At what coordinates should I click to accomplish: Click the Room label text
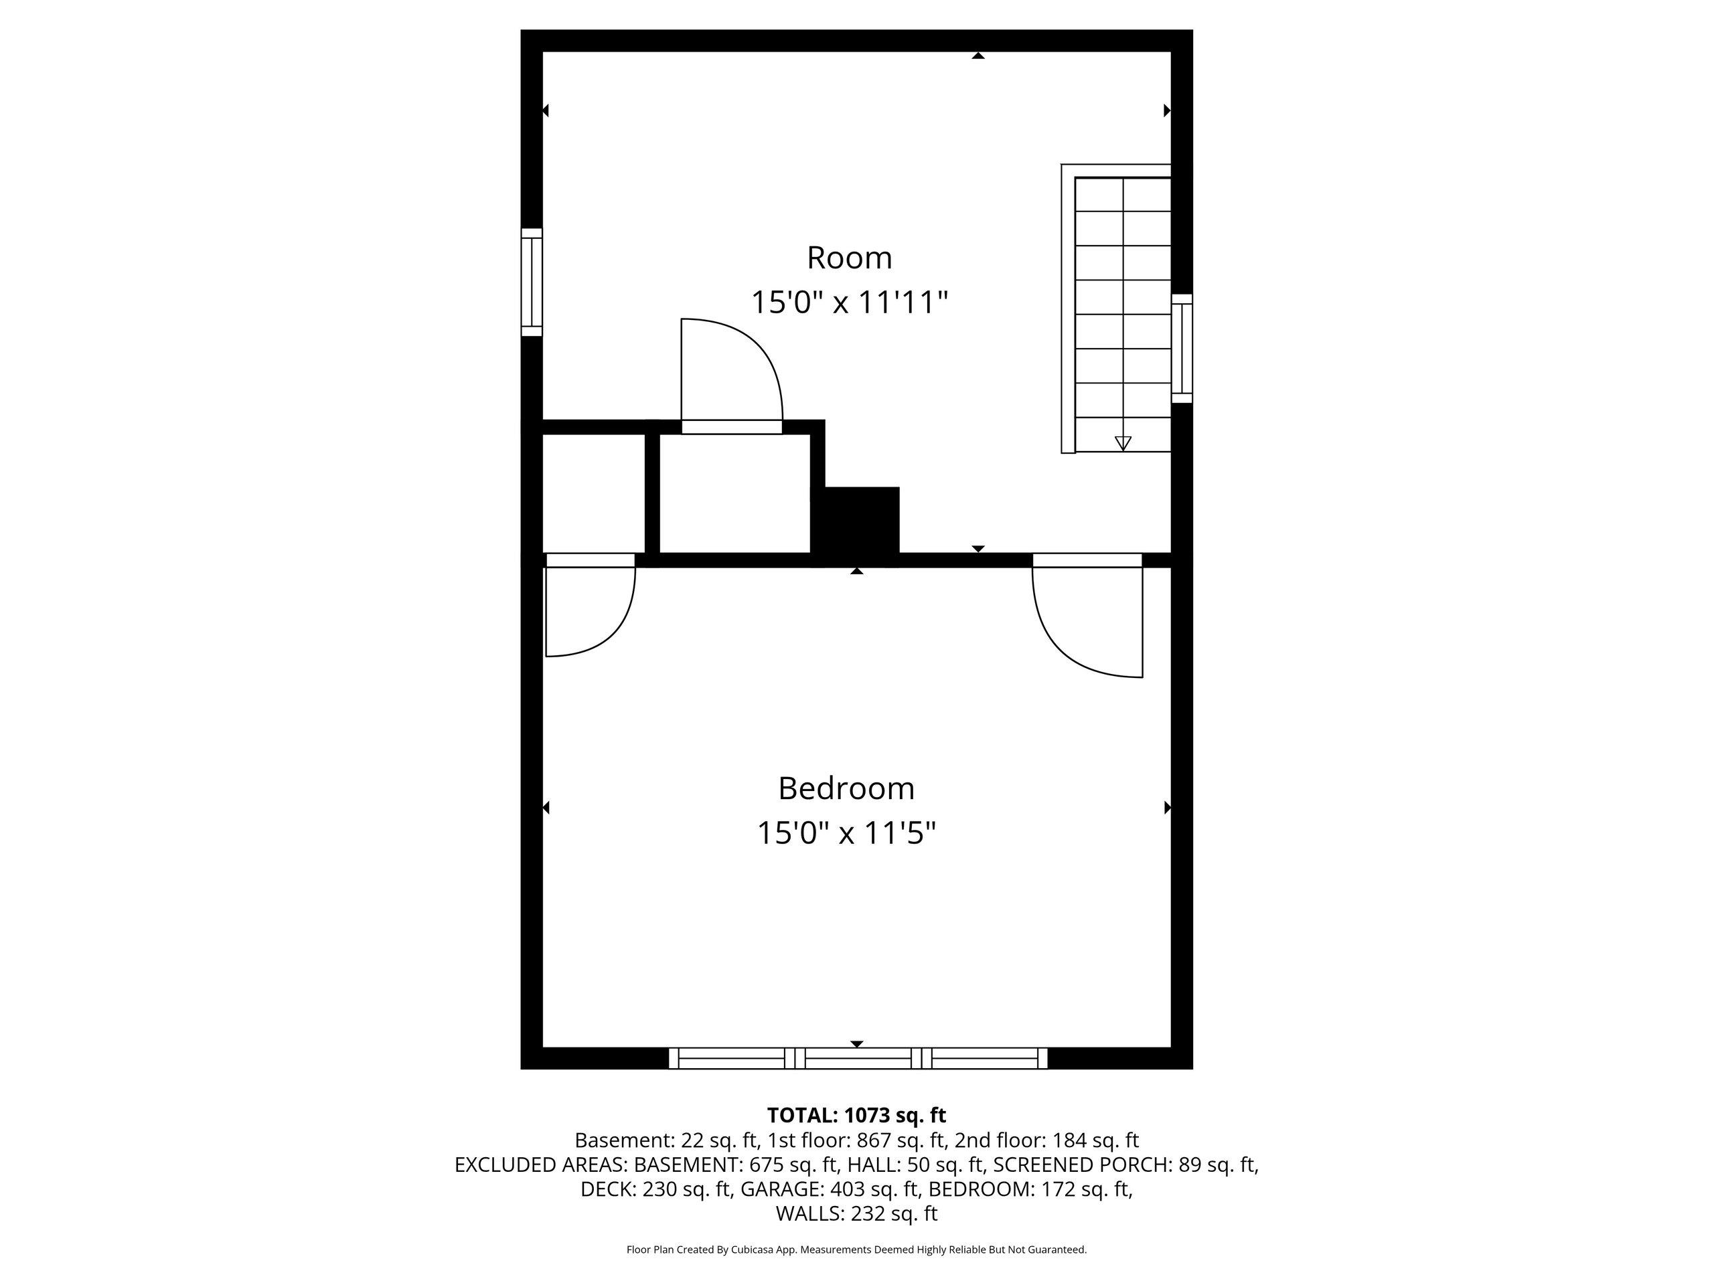pyautogui.click(x=849, y=258)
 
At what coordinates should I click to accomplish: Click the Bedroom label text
pyautogui.click(x=846, y=788)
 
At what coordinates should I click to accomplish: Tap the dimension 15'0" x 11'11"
pyautogui.click(x=849, y=302)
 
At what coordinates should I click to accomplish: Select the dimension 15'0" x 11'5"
pyautogui.click(x=846, y=833)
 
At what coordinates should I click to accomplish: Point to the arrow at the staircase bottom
pyautogui.click(x=1123, y=443)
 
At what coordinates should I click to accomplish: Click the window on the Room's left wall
pyautogui.click(x=532, y=282)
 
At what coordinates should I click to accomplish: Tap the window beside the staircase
pyautogui.click(x=1182, y=348)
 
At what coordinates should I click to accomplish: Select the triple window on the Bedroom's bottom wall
pyautogui.click(x=858, y=1058)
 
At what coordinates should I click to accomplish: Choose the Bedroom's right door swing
pyautogui.click(x=1087, y=615)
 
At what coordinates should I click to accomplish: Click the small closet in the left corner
pyautogui.click(x=594, y=493)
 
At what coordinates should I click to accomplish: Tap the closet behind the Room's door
pyautogui.click(x=734, y=493)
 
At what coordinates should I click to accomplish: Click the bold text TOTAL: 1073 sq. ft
pyautogui.click(x=856, y=1116)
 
